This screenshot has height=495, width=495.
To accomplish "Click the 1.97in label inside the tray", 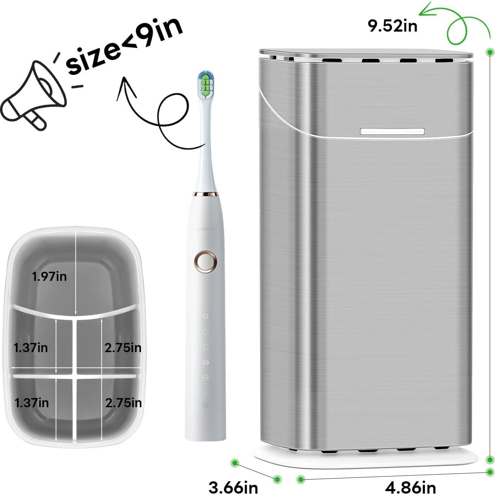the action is point(49,277).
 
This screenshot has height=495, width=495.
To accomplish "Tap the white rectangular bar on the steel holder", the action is point(392,131).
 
